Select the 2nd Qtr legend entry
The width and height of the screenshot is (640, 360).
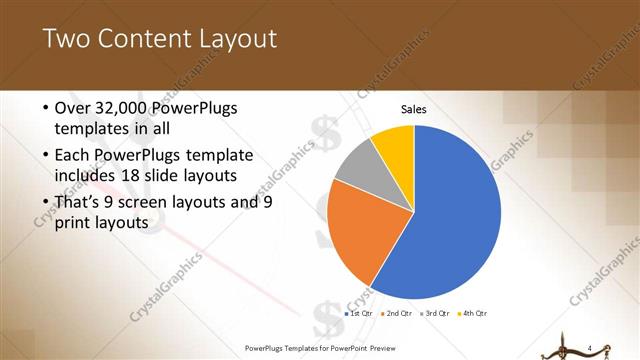(397, 314)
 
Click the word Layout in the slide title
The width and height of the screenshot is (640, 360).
(238, 39)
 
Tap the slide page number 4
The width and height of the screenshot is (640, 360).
(591, 348)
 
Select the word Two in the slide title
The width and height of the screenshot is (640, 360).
(66, 39)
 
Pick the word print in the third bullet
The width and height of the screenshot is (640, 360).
(72, 224)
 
